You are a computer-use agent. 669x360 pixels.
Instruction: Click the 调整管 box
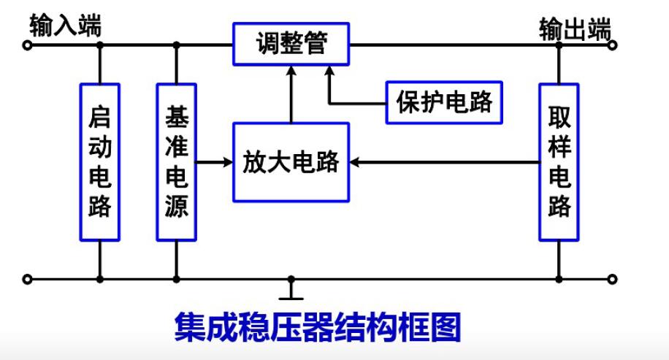click(x=291, y=45)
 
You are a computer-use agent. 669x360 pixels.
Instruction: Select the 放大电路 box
click(x=291, y=162)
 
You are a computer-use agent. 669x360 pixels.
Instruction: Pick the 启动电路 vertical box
click(x=99, y=161)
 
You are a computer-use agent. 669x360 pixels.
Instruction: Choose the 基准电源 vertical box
click(x=176, y=161)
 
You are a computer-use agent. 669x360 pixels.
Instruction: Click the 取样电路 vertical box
click(x=559, y=161)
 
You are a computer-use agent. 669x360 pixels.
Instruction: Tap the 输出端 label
click(x=575, y=28)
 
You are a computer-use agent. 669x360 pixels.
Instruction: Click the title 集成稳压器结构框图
click(x=318, y=328)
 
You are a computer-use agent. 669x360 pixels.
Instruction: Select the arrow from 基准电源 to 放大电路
click(x=212, y=162)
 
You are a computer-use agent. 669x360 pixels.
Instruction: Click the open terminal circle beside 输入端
click(x=28, y=45)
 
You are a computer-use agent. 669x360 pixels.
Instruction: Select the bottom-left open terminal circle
click(x=28, y=278)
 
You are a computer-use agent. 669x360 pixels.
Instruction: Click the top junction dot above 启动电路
click(x=99, y=45)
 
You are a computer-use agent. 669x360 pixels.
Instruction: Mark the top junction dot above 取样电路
click(x=559, y=45)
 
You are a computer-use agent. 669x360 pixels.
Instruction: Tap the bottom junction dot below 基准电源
click(x=176, y=278)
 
